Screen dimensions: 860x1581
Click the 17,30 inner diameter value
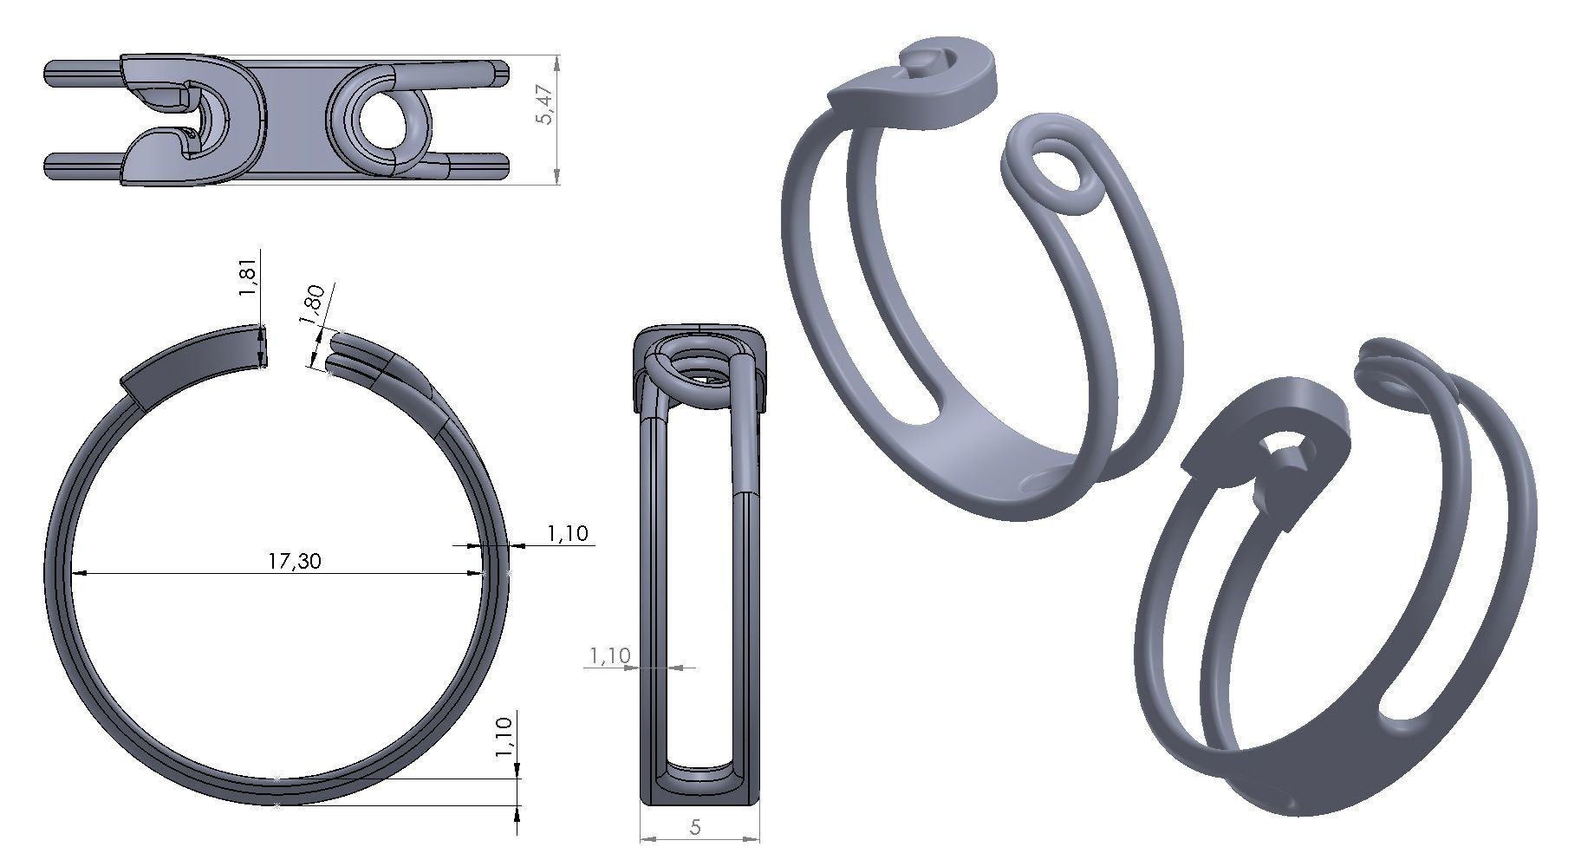294,561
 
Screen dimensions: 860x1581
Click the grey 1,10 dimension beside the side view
609,655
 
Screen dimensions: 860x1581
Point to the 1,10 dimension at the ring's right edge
568,533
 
